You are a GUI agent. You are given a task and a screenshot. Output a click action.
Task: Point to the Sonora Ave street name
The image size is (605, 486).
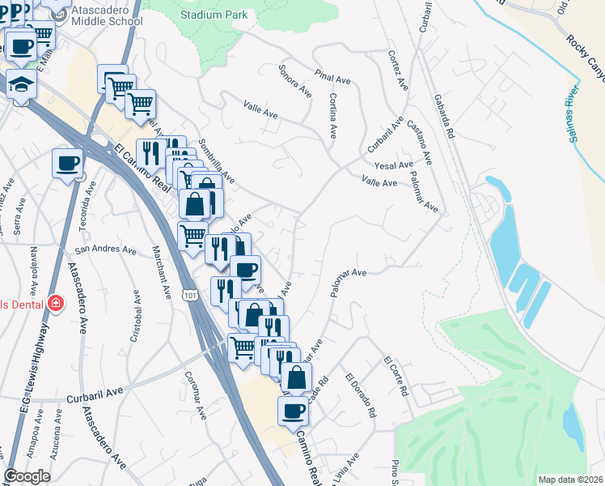pos(295,80)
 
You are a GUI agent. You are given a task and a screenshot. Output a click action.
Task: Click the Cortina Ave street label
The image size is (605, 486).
pos(332,114)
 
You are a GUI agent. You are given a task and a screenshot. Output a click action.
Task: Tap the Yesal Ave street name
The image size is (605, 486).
pos(395,165)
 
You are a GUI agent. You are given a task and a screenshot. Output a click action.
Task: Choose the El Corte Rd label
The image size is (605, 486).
pos(396,375)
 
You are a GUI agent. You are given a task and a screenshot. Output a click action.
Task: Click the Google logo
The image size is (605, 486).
pos(27,476)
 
